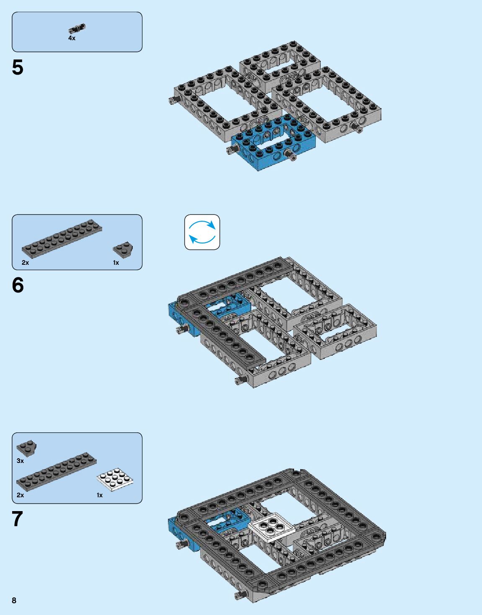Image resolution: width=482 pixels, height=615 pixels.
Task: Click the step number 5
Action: pyautogui.click(x=18, y=67)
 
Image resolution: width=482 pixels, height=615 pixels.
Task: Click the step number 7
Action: pyautogui.click(x=17, y=519)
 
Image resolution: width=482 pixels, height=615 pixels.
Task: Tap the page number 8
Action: pyautogui.click(x=14, y=600)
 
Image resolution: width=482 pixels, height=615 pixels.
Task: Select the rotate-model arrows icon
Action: pyautogui.click(x=202, y=232)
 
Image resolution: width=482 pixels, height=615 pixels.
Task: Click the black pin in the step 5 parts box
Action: pyautogui.click(x=77, y=28)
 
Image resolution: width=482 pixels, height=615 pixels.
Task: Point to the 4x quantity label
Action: pyautogui.click(x=72, y=38)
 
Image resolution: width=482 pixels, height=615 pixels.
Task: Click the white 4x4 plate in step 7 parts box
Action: pyautogui.click(x=115, y=479)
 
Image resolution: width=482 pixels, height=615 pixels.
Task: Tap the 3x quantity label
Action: pyautogui.click(x=20, y=461)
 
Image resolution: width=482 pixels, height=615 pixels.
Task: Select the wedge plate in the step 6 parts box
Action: pyautogui.click(x=123, y=249)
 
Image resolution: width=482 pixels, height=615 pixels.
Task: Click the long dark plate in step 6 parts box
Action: pyautogui.click(x=62, y=239)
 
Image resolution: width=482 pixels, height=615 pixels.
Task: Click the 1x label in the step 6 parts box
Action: pyautogui.click(x=116, y=263)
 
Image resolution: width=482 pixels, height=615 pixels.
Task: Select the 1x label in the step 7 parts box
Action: pyautogui.click(x=100, y=495)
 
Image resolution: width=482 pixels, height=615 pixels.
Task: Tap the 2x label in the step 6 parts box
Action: pyautogui.click(x=25, y=263)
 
